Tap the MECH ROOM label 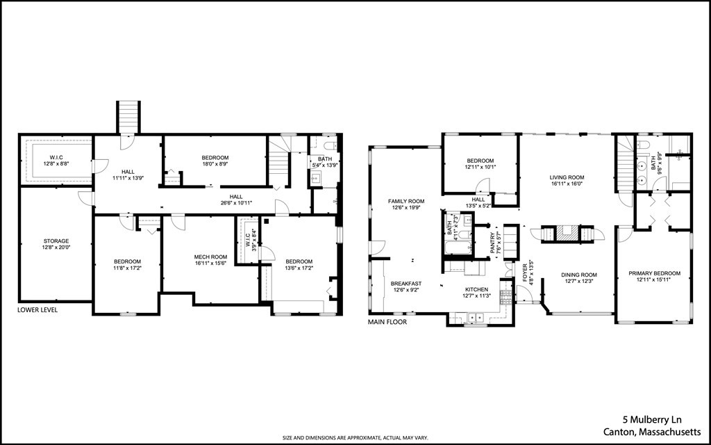210,257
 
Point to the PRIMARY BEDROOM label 654,273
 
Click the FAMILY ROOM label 405,201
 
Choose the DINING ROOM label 579,275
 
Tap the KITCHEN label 476,289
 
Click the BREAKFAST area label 405,284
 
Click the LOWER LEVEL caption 37,310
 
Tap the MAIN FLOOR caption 387,322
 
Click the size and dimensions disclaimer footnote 355,437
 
